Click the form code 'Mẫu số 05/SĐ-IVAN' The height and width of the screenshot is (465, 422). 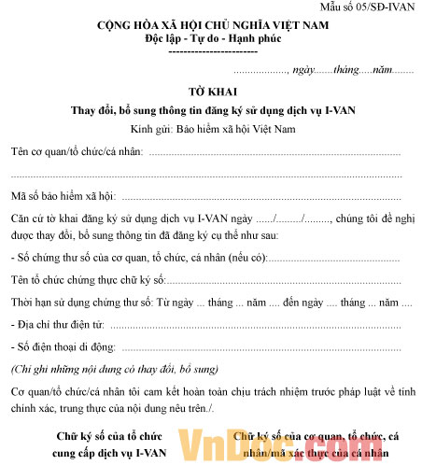pyautogui.click(x=368, y=7)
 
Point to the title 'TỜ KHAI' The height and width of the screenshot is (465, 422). pyautogui.click(x=210, y=94)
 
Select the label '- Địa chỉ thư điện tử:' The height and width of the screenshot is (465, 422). pyautogui.click(x=58, y=323)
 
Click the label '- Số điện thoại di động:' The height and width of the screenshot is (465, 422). pyautogui.click(x=63, y=345)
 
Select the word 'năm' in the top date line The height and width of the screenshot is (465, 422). pyautogui.click(x=385, y=70)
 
